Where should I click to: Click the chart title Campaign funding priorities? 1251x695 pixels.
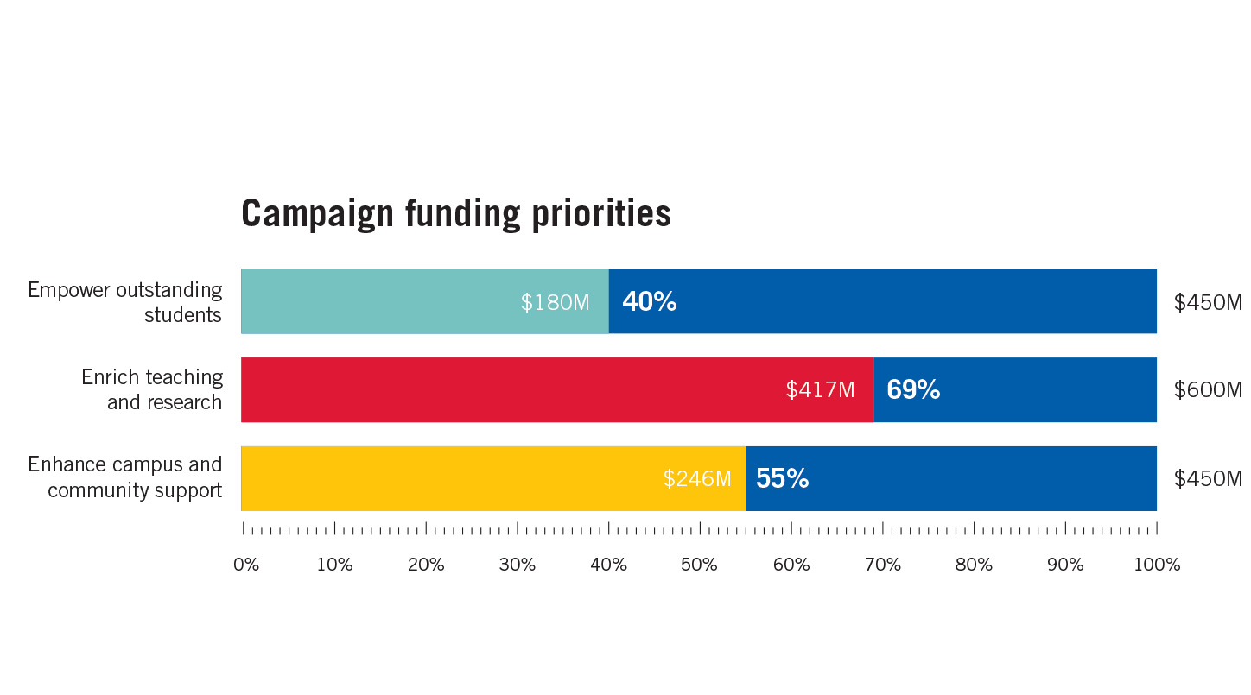coord(455,213)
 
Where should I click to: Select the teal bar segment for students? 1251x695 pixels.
coord(380,301)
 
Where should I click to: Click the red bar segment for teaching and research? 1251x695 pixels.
coord(510,389)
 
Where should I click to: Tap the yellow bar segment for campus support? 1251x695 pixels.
coord(449,478)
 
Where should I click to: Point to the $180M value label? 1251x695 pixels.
coord(555,303)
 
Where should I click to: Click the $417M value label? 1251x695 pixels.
coord(820,390)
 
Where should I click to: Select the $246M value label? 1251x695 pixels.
coord(697,479)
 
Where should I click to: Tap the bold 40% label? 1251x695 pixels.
coord(649,302)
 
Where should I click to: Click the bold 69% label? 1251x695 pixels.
coord(913,390)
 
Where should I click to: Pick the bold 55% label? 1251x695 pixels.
coord(782,479)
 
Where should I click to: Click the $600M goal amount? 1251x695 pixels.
coord(1208,390)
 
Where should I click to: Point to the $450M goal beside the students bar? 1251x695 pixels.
coord(1208,303)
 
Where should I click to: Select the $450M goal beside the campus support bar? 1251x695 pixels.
coord(1208,479)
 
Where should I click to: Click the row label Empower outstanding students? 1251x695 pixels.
coord(125,302)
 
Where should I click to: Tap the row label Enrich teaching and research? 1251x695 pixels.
coord(152,389)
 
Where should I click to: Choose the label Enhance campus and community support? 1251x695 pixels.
coord(125,477)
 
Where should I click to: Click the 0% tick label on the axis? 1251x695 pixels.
coord(246,565)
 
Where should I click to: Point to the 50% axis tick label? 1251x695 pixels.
coord(699,565)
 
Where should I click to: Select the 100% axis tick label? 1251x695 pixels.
coord(1156,565)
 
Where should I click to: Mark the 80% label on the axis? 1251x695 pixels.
coord(974,565)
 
